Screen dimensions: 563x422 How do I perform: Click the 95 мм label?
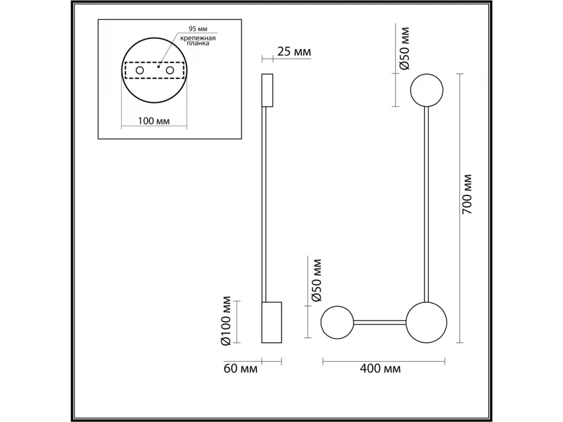coord(198,29)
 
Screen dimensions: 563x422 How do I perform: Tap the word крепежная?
coord(198,38)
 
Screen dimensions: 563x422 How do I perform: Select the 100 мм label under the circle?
coord(154,121)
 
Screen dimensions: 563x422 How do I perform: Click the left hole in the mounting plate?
coord(140,70)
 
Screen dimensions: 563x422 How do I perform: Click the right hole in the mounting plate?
coord(170,70)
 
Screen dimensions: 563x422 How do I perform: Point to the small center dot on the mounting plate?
coord(159,67)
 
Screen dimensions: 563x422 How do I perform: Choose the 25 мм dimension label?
coord(294,52)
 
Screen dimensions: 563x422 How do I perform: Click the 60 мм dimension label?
coord(240,369)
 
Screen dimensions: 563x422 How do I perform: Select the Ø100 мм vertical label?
coord(226,321)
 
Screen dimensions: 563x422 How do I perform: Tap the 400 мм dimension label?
coord(380,369)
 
